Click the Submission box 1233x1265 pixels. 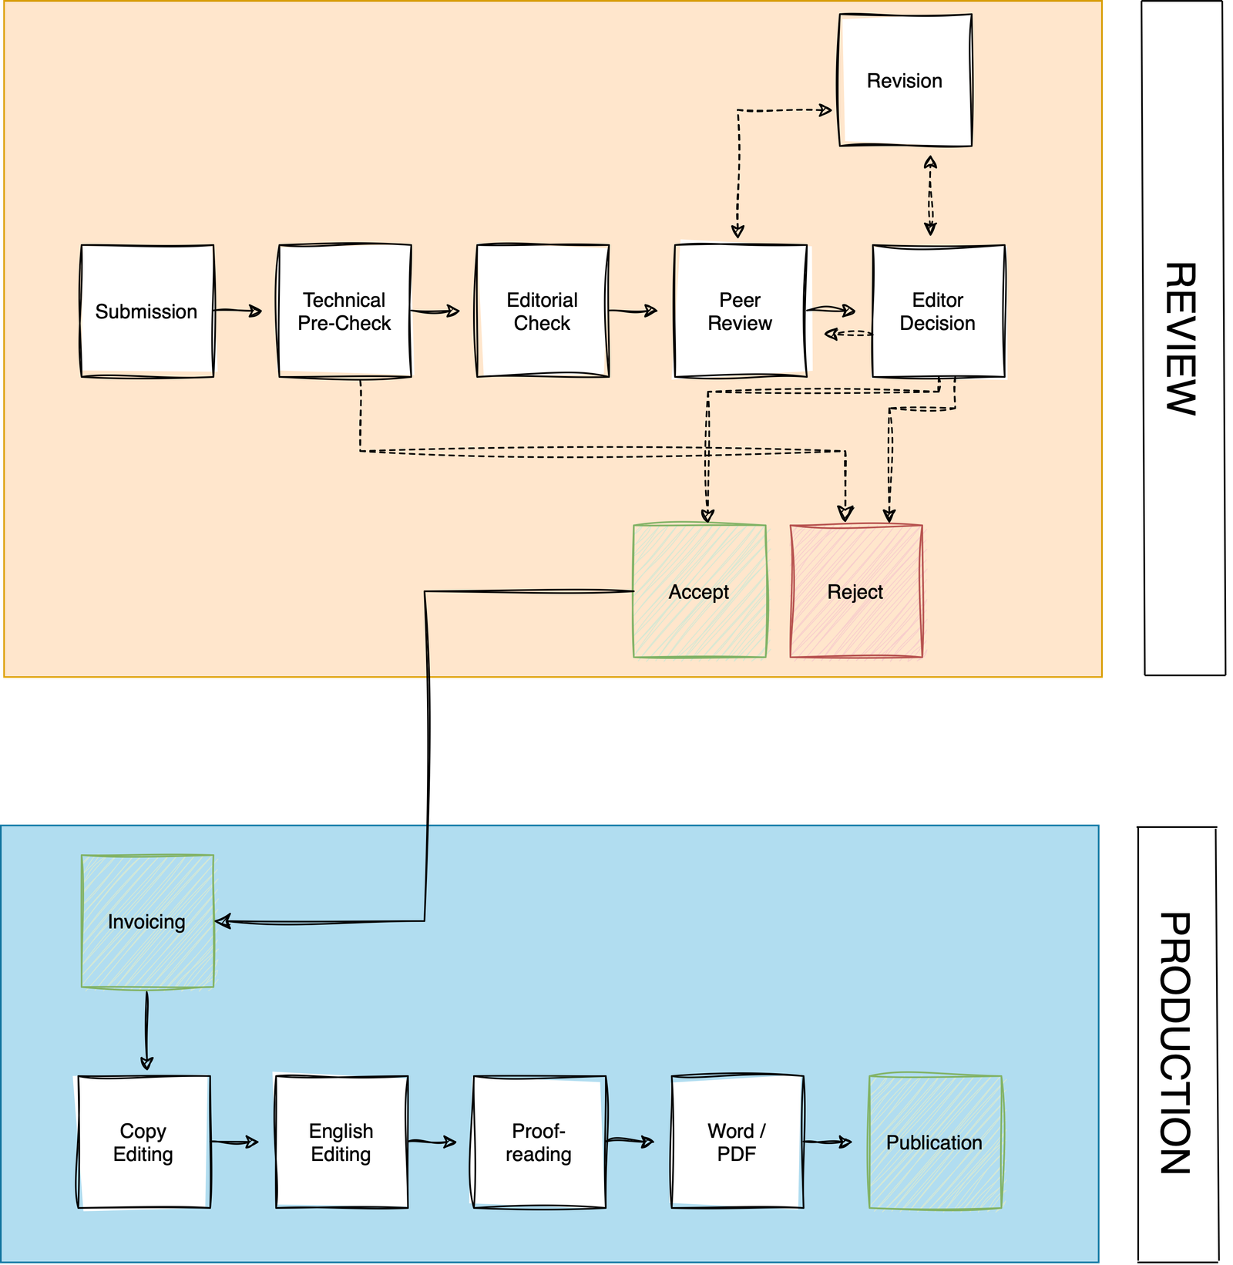click(x=146, y=311)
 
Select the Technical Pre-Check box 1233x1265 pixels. click(x=344, y=311)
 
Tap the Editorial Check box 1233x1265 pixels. click(x=543, y=311)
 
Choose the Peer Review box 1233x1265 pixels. click(x=740, y=311)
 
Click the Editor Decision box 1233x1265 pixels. click(x=938, y=311)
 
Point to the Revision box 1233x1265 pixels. click(x=905, y=80)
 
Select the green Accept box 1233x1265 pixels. click(x=699, y=591)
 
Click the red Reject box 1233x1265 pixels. click(x=855, y=591)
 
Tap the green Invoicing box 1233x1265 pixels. click(x=147, y=921)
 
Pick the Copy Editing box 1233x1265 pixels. click(x=143, y=1142)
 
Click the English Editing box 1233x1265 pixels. click(x=341, y=1142)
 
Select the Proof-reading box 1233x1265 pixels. click(x=539, y=1142)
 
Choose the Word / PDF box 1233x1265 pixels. click(x=737, y=1142)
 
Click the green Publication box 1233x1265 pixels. click(x=935, y=1142)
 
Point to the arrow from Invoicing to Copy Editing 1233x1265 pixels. click(x=146, y=1030)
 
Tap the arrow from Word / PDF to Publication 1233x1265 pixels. click(x=827, y=1142)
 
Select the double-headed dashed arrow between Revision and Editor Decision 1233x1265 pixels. click(x=930, y=196)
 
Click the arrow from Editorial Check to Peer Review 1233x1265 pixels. click(x=633, y=311)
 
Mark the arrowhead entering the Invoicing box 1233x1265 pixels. click(x=223, y=921)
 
